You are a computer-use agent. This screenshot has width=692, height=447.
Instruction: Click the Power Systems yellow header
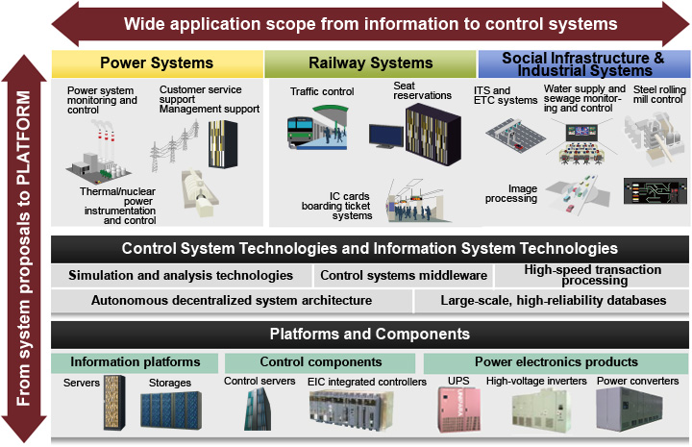[x=156, y=63]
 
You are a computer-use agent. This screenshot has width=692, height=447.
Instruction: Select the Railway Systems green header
[x=370, y=63]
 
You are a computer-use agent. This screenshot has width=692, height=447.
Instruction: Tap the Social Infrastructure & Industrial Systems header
[x=582, y=64]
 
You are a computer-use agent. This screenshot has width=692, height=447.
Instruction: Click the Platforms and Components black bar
[x=369, y=335]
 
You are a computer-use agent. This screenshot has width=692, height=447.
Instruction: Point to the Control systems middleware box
[x=404, y=276]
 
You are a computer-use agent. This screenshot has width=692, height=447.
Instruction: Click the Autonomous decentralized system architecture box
[x=231, y=301]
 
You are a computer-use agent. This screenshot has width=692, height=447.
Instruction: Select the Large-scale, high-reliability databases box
[x=553, y=301]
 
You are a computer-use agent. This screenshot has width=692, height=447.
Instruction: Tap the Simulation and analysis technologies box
[x=181, y=276]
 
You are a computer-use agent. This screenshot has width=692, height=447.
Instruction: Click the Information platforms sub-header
[x=135, y=362]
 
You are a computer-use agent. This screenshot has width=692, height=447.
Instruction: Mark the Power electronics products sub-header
[x=556, y=362]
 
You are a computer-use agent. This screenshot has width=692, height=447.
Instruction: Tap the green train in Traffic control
[x=307, y=132]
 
